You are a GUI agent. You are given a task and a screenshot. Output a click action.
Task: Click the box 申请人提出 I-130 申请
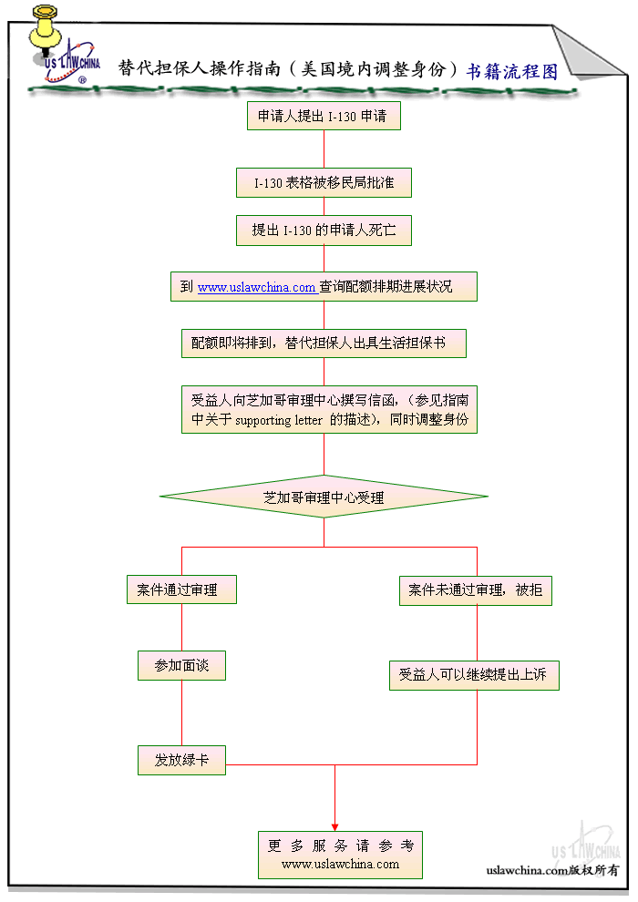click(324, 117)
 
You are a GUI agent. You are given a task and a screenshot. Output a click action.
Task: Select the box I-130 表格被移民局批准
click(324, 182)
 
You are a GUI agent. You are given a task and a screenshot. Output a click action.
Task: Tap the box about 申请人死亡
click(324, 231)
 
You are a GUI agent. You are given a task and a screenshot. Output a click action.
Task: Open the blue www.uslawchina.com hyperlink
click(257, 287)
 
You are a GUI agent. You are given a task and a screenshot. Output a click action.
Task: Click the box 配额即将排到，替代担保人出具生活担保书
click(324, 343)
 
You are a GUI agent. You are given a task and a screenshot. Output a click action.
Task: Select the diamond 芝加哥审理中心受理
click(324, 497)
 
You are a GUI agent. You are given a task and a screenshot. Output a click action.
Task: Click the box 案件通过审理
click(181, 589)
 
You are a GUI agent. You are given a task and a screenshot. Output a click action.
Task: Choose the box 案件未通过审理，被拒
click(476, 589)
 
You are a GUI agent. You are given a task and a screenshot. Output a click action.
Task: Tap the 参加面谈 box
click(181, 665)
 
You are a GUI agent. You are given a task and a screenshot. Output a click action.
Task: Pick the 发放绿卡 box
click(181, 760)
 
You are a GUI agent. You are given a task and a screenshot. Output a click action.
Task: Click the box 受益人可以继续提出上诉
click(474, 675)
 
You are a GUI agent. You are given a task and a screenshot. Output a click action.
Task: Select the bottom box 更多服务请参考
click(340, 855)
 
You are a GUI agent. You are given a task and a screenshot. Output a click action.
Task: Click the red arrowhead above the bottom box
click(334, 825)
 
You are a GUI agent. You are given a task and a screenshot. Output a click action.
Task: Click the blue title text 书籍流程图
click(511, 71)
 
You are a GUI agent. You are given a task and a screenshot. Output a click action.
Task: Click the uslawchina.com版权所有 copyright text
click(552, 870)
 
